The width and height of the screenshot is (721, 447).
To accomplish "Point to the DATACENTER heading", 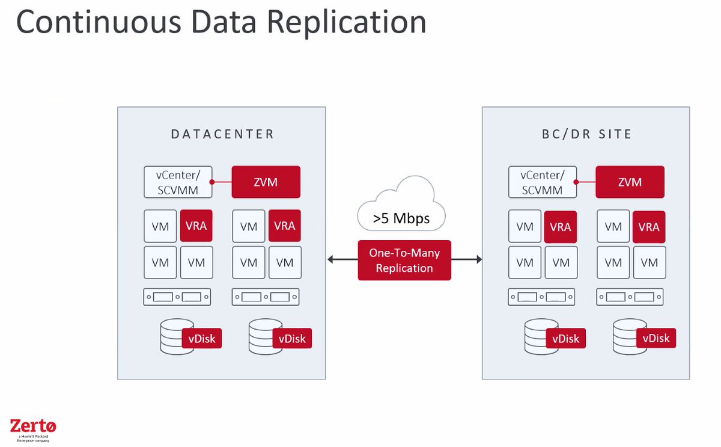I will click(222, 134).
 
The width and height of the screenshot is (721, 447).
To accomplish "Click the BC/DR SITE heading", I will click(586, 134).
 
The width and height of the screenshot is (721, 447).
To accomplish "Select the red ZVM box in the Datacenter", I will click(266, 182).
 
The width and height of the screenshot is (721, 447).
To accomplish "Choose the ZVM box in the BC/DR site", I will click(630, 182).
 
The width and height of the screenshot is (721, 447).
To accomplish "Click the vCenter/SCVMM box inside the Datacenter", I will click(179, 182).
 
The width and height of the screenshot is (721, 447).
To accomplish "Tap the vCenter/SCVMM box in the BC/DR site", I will click(543, 182).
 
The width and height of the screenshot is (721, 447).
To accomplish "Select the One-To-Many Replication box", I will click(404, 260).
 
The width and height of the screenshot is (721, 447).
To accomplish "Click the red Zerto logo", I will click(33, 427).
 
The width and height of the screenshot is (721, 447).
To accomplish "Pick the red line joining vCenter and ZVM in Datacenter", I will click(223, 181).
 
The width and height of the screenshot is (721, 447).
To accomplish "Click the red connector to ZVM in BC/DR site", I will click(586, 181).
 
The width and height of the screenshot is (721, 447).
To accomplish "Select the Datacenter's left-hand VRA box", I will click(196, 226).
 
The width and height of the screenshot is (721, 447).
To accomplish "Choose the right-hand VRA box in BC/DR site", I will click(649, 227).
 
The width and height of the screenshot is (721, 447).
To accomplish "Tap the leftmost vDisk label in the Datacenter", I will click(202, 338).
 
